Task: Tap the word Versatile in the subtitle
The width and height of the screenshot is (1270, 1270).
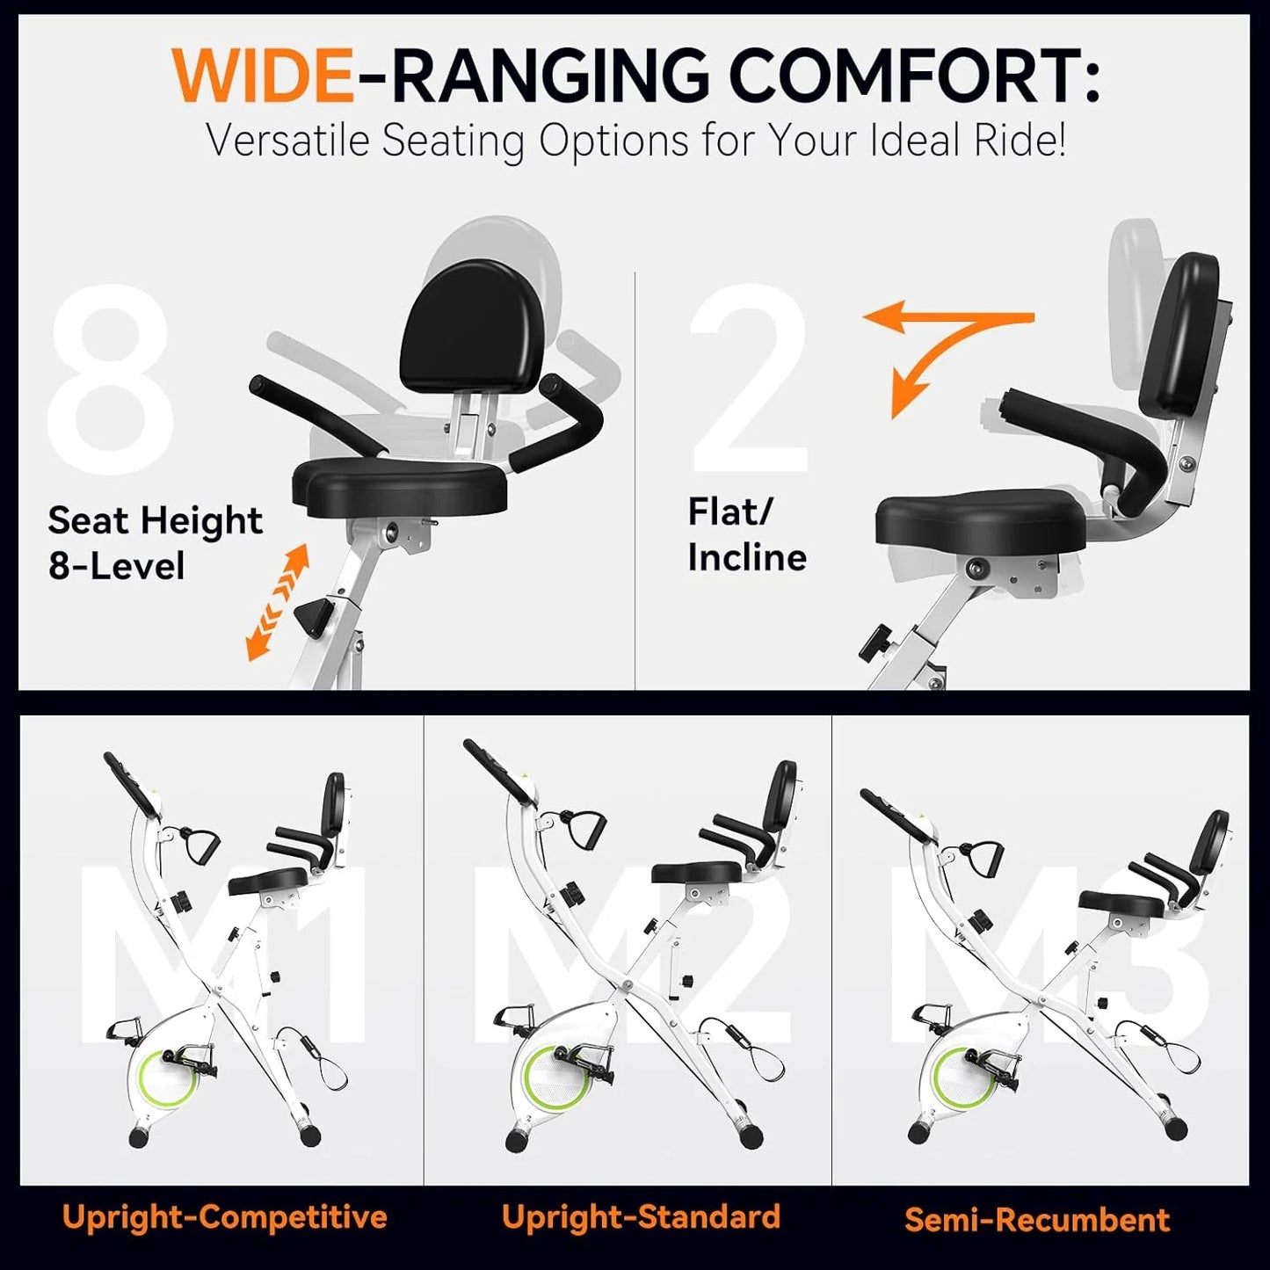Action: point(287,141)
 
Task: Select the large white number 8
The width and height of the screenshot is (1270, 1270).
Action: point(111,380)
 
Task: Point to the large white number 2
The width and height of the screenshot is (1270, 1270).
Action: point(751,380)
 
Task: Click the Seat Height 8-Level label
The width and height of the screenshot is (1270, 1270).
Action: point(155,543)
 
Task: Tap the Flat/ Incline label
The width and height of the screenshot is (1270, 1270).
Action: point(746,534)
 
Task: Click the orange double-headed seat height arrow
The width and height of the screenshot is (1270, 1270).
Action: point(278,601)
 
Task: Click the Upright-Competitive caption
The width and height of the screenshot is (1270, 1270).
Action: point(224,1217)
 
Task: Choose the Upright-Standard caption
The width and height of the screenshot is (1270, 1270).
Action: point(641,1217)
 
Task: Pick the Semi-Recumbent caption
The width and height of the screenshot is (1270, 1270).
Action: point(1037,1220)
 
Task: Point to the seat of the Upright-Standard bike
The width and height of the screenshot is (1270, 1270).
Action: point(696,872)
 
